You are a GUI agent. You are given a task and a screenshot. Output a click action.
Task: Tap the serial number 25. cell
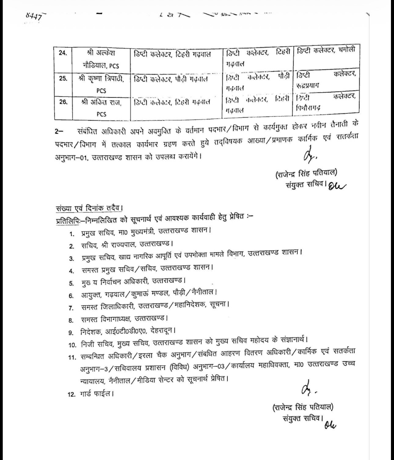(63, 78)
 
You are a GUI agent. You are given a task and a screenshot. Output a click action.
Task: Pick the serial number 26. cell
(63, 102)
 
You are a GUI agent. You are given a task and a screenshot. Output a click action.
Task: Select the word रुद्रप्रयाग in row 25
(308, 85)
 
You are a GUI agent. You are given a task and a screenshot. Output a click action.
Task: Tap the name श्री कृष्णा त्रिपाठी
(101, 79)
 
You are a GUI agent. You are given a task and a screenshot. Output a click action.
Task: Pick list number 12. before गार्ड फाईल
(71, 395)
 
